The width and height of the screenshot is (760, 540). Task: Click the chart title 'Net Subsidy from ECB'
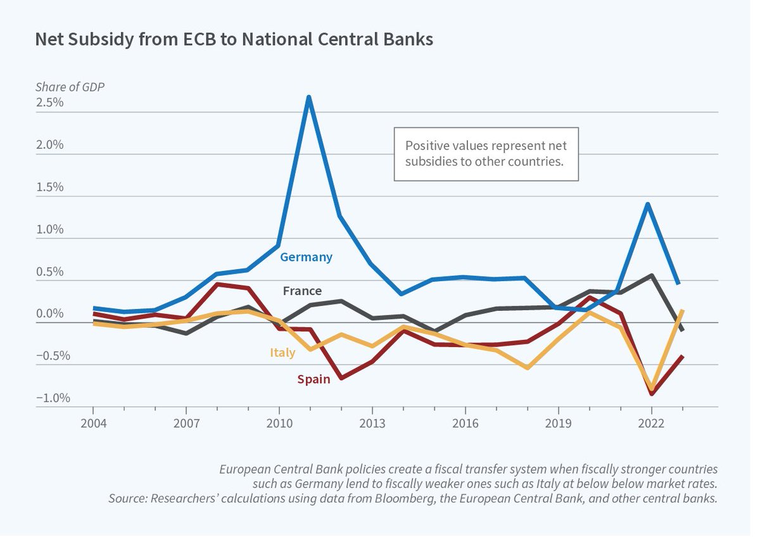234,39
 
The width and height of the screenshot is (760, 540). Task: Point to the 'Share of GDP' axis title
70,87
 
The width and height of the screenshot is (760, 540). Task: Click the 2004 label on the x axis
93,423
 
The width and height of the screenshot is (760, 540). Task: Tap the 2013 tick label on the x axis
372,423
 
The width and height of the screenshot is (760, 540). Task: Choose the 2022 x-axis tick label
651,423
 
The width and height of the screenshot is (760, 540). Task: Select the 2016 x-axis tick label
465,423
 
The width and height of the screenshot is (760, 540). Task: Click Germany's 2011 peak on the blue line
308,97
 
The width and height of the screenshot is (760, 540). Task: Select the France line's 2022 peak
651,275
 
